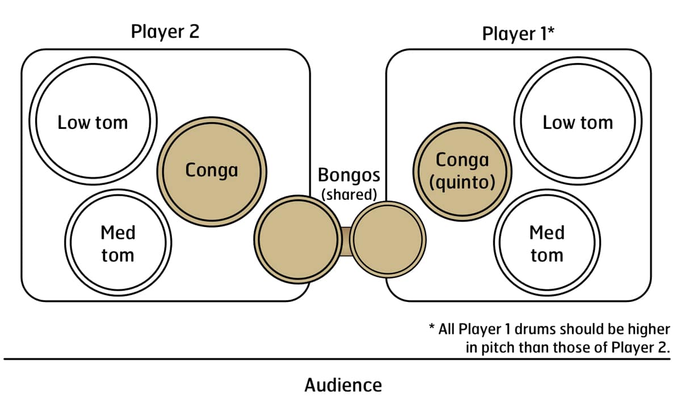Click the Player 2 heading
tap(165, 32)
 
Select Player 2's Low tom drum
tap(93, 122)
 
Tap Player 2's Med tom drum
tap(118, 244)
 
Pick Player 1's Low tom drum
tap(578, 122)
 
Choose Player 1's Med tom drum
tap(547, 244)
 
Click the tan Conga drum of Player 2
tap(212, 170)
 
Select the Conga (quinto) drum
tap(461, 171)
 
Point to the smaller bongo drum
tap(388, 238)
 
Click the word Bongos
tap(348, 174)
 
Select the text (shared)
tap(349, 194)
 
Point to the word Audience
tap(343, 385)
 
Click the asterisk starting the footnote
tap(432, 328)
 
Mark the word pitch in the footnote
tap(498, 348)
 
